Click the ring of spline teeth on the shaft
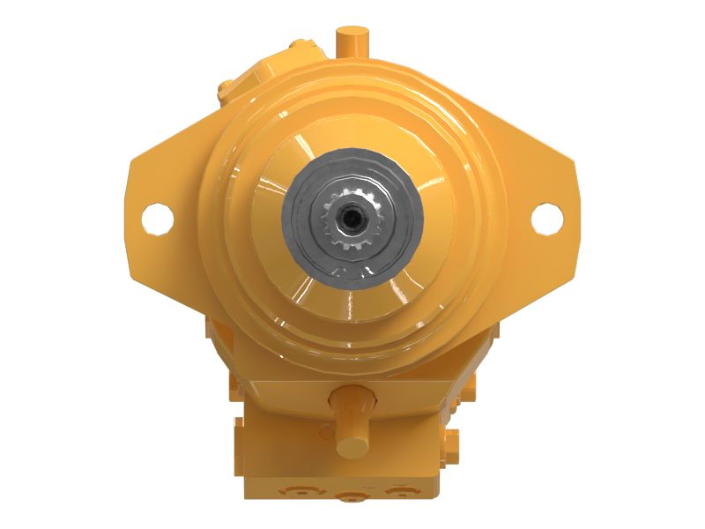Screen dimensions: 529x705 (352, 236)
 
